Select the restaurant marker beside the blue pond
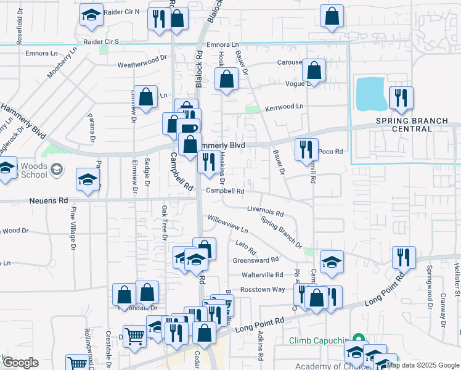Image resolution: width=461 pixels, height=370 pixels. [x=401, y=97]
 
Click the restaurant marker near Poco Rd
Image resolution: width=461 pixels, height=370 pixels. [x=306, y=149]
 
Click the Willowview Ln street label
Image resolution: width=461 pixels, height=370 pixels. [x=227, y=223]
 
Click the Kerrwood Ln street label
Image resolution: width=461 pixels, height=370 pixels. [x=284, y=107]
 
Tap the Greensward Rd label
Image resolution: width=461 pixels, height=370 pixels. [x=256, y=260]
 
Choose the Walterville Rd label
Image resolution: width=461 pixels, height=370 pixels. [x=262, y=274]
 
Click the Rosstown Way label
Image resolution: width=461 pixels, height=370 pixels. [x=263, y=289]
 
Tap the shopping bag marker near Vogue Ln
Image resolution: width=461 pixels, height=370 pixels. [x=314, y=71]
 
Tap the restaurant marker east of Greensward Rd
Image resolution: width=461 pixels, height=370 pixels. [x=404, y=257]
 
